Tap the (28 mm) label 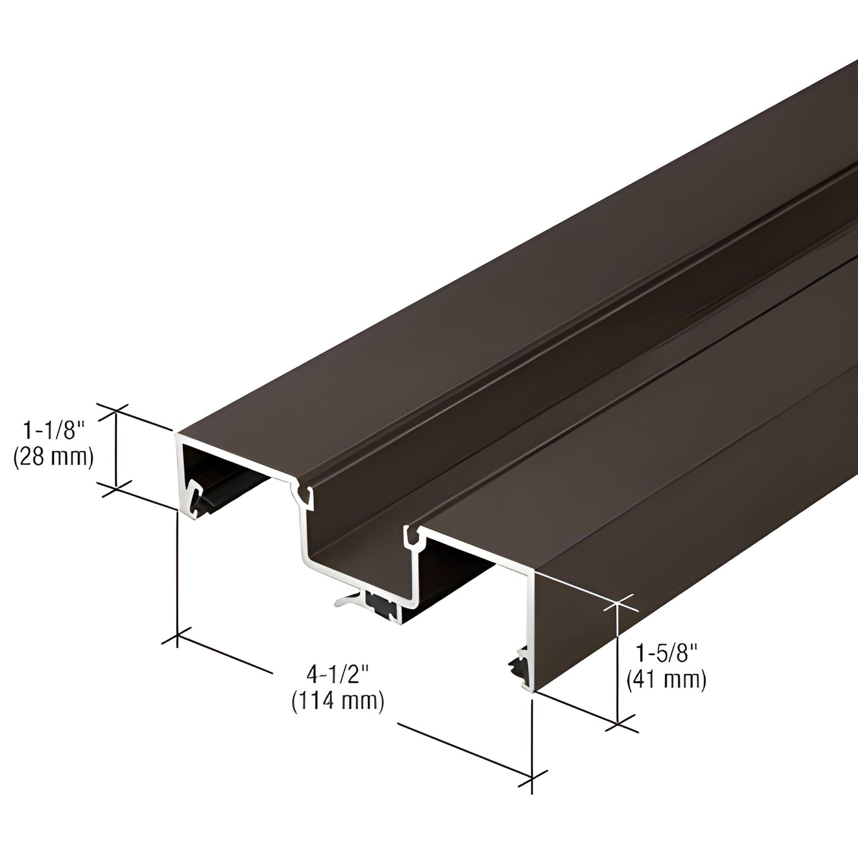tap(53, 457)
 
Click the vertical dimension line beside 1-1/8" tap(116, 448)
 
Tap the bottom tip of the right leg tap(529, 689)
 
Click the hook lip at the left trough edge tap(303, 492)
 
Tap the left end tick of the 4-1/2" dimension tap(177, 638)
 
